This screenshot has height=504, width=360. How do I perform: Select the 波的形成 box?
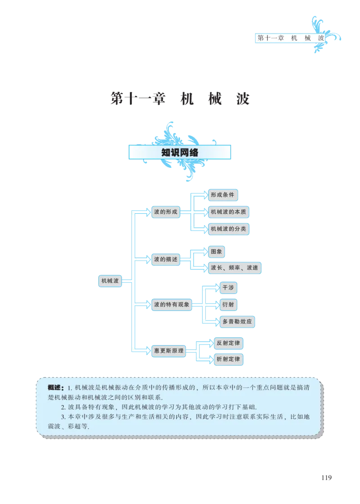coord(166,212)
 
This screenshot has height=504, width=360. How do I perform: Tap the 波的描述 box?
coord(166,260)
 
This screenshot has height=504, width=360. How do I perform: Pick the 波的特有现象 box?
coord(171,305)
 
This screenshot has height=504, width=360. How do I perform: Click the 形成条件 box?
coord(223,195)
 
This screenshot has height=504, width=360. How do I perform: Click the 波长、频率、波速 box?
coord(234,268)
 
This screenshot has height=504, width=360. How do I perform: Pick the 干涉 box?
coord(228,288)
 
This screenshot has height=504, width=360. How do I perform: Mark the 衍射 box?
coord(228,305)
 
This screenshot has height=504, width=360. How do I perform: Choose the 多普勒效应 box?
coord(238,322)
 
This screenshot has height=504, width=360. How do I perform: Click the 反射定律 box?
coord(228,343)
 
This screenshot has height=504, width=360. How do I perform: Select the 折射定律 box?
coord(228,359)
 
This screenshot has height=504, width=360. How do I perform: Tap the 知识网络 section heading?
coord(180,153)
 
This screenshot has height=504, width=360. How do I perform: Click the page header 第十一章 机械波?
coord(290,38)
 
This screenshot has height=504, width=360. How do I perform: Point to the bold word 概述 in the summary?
coord(57,387)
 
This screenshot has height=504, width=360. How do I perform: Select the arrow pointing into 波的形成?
coord(143,212)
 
